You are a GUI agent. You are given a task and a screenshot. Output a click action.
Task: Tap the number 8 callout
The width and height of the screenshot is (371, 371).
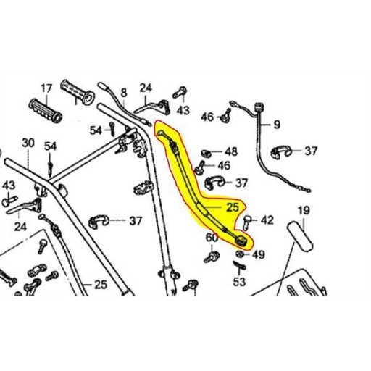coord(123,93)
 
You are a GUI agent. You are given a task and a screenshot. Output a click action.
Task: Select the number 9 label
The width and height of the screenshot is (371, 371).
coord(276,125)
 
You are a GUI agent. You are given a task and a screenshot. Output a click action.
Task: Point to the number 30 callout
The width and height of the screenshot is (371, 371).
coord(28,143)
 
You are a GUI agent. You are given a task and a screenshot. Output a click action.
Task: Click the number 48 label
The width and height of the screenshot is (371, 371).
coord(230,152)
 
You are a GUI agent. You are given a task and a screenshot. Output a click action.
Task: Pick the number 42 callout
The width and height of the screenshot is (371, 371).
coord(267,219)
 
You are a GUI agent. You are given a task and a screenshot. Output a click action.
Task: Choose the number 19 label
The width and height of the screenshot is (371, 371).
coord(304,211)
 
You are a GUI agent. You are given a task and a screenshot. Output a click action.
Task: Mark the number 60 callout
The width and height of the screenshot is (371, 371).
coord(211,238)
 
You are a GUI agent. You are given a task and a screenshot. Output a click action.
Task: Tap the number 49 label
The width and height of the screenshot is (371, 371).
coord(259,254)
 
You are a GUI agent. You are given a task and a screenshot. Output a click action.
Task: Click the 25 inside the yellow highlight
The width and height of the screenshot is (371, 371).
coord(233,208)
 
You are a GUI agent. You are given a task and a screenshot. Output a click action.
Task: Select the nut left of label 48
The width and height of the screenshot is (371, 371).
coord(207,153)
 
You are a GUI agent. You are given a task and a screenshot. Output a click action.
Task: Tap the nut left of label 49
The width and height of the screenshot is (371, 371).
coord(239,254)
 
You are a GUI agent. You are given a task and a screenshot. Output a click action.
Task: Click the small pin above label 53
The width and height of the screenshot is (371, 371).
coord(238,266)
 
